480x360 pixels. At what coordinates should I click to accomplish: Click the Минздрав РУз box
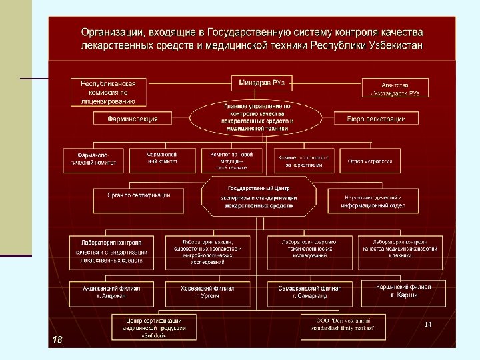coord(262,83)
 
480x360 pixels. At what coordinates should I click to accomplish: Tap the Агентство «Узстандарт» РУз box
coord(395,88)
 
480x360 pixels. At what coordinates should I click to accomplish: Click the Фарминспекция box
coord(133,119)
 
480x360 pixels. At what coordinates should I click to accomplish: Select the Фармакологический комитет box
coord(93,158)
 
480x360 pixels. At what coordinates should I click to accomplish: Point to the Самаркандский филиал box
coord(309,291)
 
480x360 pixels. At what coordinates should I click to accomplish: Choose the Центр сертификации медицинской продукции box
coord(153,327)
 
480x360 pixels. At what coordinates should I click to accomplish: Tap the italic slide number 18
coord(57,339)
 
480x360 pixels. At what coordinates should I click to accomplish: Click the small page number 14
coord(428,324)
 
